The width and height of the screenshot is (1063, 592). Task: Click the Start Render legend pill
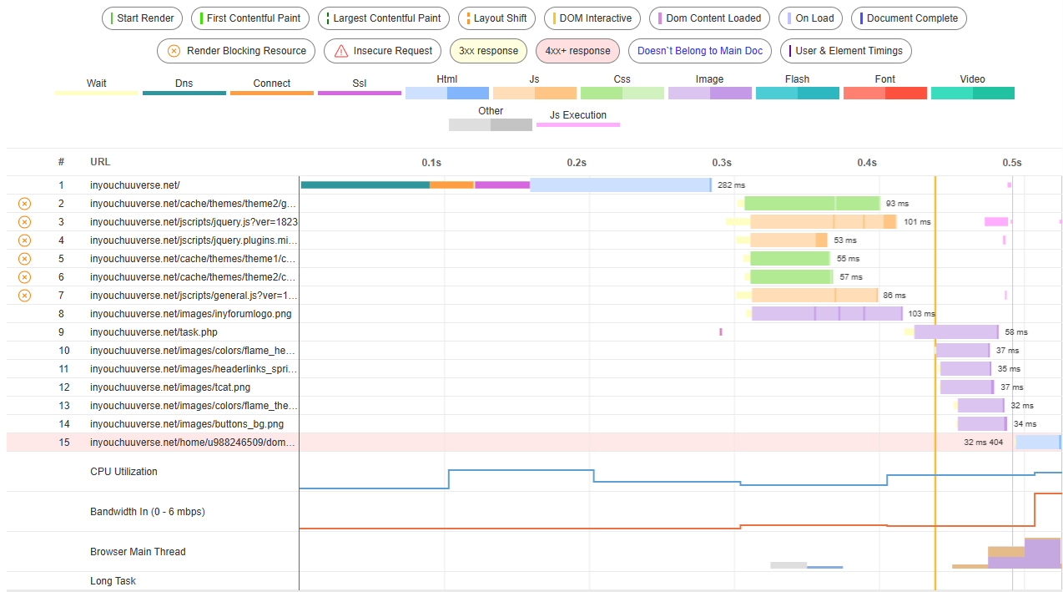142,18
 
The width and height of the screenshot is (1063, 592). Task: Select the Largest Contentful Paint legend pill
384,18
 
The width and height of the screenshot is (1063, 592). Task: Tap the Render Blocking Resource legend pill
236,51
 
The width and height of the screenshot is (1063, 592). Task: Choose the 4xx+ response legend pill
577,51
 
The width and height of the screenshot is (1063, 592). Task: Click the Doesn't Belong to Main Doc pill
700,51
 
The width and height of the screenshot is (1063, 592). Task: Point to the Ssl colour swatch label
360,83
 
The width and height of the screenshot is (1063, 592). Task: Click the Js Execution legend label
578,115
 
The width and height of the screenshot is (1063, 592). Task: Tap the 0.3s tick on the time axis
722,163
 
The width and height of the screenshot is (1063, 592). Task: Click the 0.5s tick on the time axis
1012,163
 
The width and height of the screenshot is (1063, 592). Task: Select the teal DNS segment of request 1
365,185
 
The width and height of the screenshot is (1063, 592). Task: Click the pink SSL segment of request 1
502,185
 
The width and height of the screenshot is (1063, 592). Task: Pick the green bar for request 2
812,203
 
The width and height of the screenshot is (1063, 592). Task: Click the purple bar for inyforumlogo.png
827,313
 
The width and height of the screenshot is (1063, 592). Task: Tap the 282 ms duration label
731,185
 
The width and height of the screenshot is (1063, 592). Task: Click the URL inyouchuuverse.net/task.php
154,332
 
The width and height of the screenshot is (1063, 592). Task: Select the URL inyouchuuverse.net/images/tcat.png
170,387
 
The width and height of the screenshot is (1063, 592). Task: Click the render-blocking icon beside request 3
25,222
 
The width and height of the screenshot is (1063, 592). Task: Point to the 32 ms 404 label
983,443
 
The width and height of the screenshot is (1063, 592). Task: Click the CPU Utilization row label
123,472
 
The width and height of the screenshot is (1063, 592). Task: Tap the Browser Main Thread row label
138,552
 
